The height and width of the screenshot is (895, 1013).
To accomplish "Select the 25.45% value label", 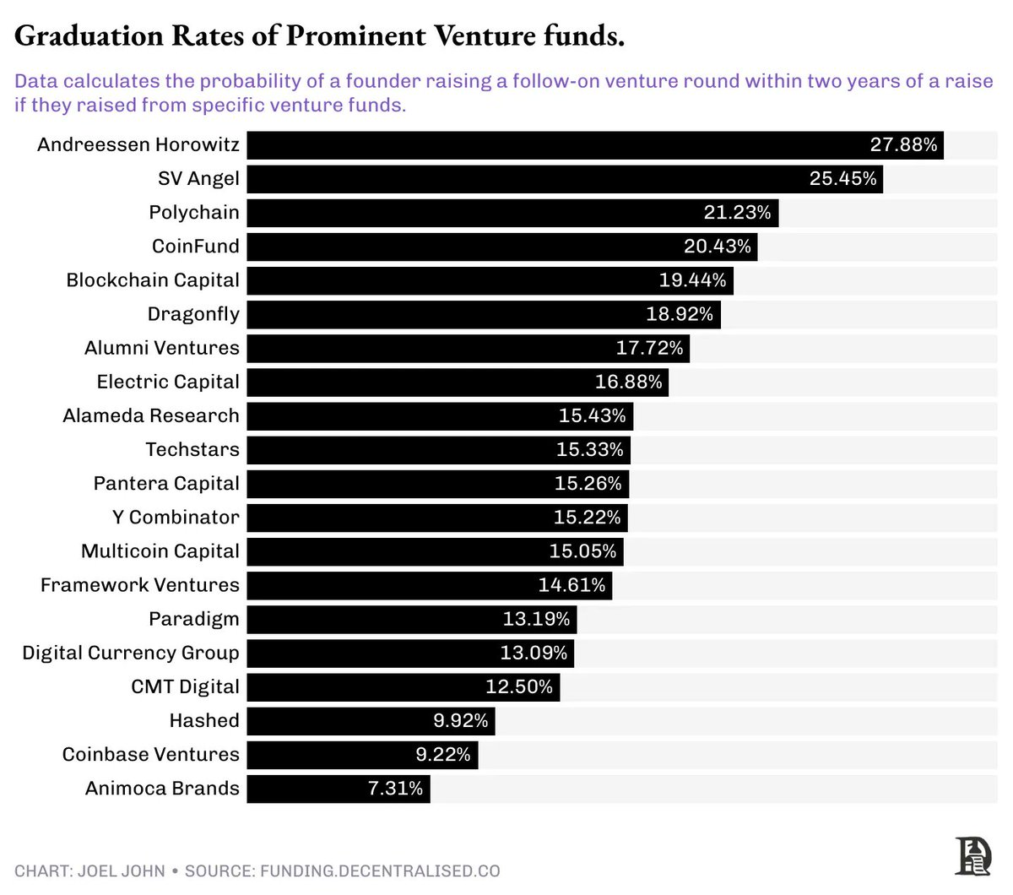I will pyautogui.click(x=842, y=179).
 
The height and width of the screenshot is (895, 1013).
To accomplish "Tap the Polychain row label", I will pyautogui.click(x=194, y=213).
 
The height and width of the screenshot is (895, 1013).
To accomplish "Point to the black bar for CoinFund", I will pyautogui.click(x=464, y=247).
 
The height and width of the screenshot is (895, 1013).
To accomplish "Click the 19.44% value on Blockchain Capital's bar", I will pyautogui.click(x=692, y=280).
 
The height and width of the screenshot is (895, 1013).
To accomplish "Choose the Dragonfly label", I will pyautogui.click(x=193, y=314).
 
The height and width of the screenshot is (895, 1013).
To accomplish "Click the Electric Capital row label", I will pyautogui.click(x=168, y=382).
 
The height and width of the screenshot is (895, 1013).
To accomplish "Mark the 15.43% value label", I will pyautogui.click(x=592, y=415).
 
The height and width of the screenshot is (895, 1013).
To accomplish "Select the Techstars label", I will pyautogui.click(x=192, y=449).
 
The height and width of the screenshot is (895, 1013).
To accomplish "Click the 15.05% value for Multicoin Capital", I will pyautogui.click(x=582, y=551).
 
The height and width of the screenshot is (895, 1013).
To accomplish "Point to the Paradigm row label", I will pyautogui.click(x=194, y=619).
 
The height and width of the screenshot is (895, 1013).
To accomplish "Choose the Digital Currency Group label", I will pyautogui.click(x=131, y=653).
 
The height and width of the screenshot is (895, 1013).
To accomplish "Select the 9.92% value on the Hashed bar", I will pyautogui.click(x=461, y=720).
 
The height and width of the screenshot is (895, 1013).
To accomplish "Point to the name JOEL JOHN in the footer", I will pyautogui.click(x=122, y=871).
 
